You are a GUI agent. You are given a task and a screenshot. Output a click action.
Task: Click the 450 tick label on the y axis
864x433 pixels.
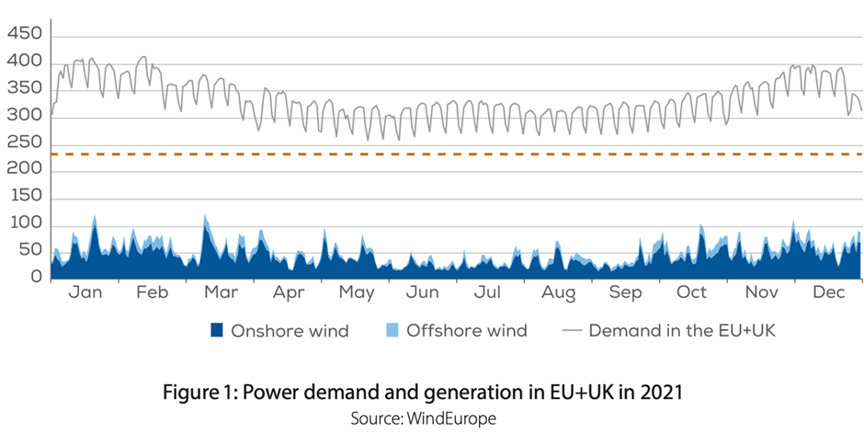[24, 34]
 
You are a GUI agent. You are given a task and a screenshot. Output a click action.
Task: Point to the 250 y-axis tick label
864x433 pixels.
[24, 142]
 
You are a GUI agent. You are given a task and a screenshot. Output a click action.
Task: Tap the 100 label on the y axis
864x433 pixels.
[24, 223]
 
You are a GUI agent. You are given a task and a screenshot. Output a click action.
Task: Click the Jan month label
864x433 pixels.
[85, 292]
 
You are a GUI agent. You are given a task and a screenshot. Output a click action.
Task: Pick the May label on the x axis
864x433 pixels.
[357, 292]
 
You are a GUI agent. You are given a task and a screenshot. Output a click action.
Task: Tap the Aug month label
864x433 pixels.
[558, 292]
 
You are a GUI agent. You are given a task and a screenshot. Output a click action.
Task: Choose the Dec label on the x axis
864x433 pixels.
[828, 292]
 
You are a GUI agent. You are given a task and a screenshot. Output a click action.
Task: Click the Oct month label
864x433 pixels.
[691, 292]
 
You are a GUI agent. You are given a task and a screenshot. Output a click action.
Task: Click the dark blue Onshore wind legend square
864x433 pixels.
[217, 330]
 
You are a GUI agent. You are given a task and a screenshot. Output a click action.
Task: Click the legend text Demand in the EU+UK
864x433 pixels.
[682, 330]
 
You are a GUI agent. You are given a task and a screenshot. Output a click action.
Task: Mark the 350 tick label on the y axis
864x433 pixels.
[24, 88]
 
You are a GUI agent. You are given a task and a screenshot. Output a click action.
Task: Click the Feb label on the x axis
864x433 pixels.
[153, 292]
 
